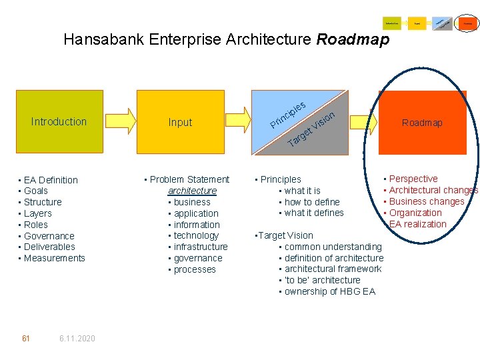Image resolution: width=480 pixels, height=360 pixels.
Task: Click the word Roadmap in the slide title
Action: [x=353, y=39]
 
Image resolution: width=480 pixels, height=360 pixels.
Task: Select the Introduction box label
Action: [x=59, y=121]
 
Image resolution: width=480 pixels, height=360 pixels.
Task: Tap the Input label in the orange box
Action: [x=180, y=122]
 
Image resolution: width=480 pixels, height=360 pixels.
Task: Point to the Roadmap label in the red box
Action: [x=422, y=123]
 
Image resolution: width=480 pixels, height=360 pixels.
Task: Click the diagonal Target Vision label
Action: [x=311, y=130]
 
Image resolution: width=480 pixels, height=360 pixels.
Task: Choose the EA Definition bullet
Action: [x=51, y=180]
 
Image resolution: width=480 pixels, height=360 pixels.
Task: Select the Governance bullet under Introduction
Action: [x=49, y=236]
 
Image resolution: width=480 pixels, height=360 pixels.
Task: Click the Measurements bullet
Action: [x=54, y=258]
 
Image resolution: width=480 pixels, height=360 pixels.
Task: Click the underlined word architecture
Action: [x=192, y=191]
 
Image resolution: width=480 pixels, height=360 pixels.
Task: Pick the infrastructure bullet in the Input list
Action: [x=201, y=247]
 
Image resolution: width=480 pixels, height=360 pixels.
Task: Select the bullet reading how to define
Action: [x=312, y=202]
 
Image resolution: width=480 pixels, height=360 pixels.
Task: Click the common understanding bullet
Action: [x=333, y=247]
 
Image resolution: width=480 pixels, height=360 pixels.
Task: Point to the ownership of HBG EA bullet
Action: [x=329, y=291]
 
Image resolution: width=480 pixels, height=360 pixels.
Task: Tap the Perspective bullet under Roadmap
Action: [x=413, y=179]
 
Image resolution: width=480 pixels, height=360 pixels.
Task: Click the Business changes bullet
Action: [x=427, y=201]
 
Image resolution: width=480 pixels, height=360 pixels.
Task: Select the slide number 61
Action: [x=26, y=339]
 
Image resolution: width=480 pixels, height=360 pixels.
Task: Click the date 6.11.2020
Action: [x=77, y=339]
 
